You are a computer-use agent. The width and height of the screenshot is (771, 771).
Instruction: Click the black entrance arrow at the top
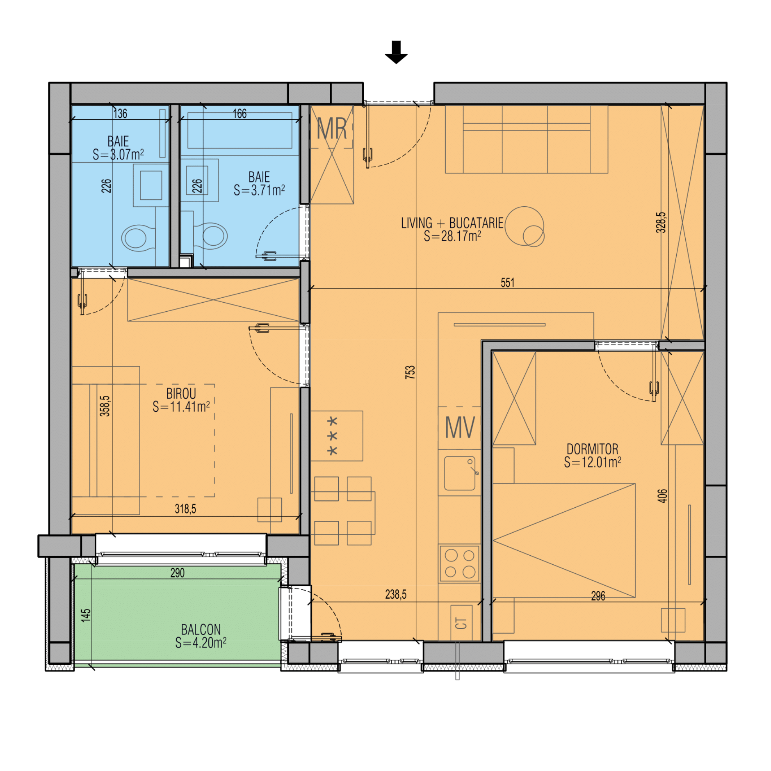(x=396, y=52)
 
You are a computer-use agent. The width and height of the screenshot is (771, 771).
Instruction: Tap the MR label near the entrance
(x=332, y=128)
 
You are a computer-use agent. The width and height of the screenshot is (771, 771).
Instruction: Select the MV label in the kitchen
(x=460, y=427)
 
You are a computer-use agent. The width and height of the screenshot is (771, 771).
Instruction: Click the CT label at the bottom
(x=461, y=623)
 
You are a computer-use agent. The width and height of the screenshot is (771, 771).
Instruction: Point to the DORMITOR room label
(x=592, y=449)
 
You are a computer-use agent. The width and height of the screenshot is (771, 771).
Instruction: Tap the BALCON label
(x=201, y=629)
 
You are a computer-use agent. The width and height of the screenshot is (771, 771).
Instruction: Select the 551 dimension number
(x=507, y=282)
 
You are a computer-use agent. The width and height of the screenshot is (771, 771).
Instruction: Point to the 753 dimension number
(x=410, y=372)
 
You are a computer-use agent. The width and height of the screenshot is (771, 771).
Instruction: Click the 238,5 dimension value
(x=396, y=594)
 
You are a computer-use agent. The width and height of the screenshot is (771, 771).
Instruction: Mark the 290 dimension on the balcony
(x=177, y=573)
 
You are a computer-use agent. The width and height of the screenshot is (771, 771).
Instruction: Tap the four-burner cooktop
(x=459, y=563)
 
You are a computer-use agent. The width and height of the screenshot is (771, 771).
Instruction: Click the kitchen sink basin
(x=459, y=473)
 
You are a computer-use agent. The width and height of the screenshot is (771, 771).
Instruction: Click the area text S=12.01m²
(x=592, y=462)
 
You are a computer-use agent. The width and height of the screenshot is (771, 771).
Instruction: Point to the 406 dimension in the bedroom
(x=662, y=495)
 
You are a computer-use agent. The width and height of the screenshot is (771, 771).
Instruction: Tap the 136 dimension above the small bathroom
(x=120, y=113)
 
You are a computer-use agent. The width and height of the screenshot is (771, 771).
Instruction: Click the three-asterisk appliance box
(x=337, y=436)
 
